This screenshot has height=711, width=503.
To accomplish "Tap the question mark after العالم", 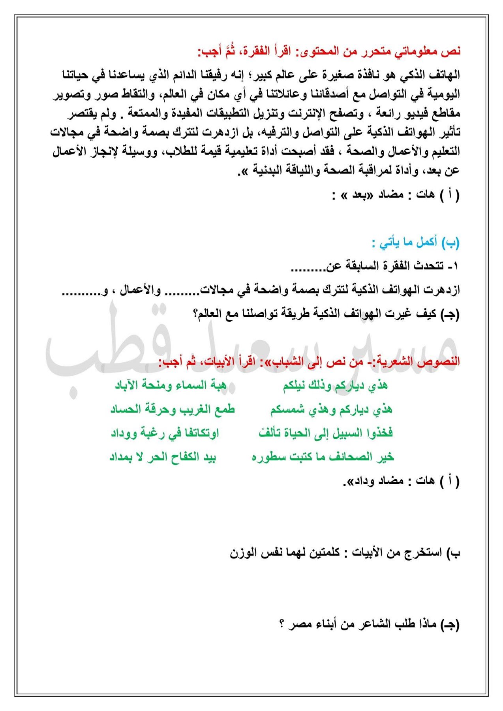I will (195, 315).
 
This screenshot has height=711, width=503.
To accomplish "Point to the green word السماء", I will (193, 385).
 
